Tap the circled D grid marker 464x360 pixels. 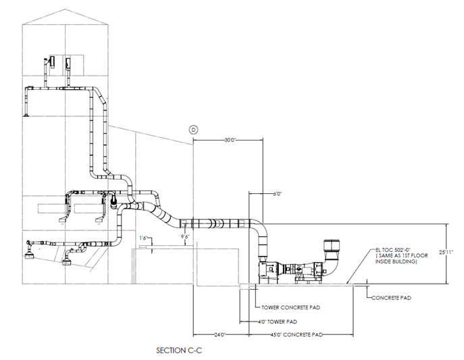point(193,128)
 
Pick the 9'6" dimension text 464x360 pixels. point(184,236)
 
